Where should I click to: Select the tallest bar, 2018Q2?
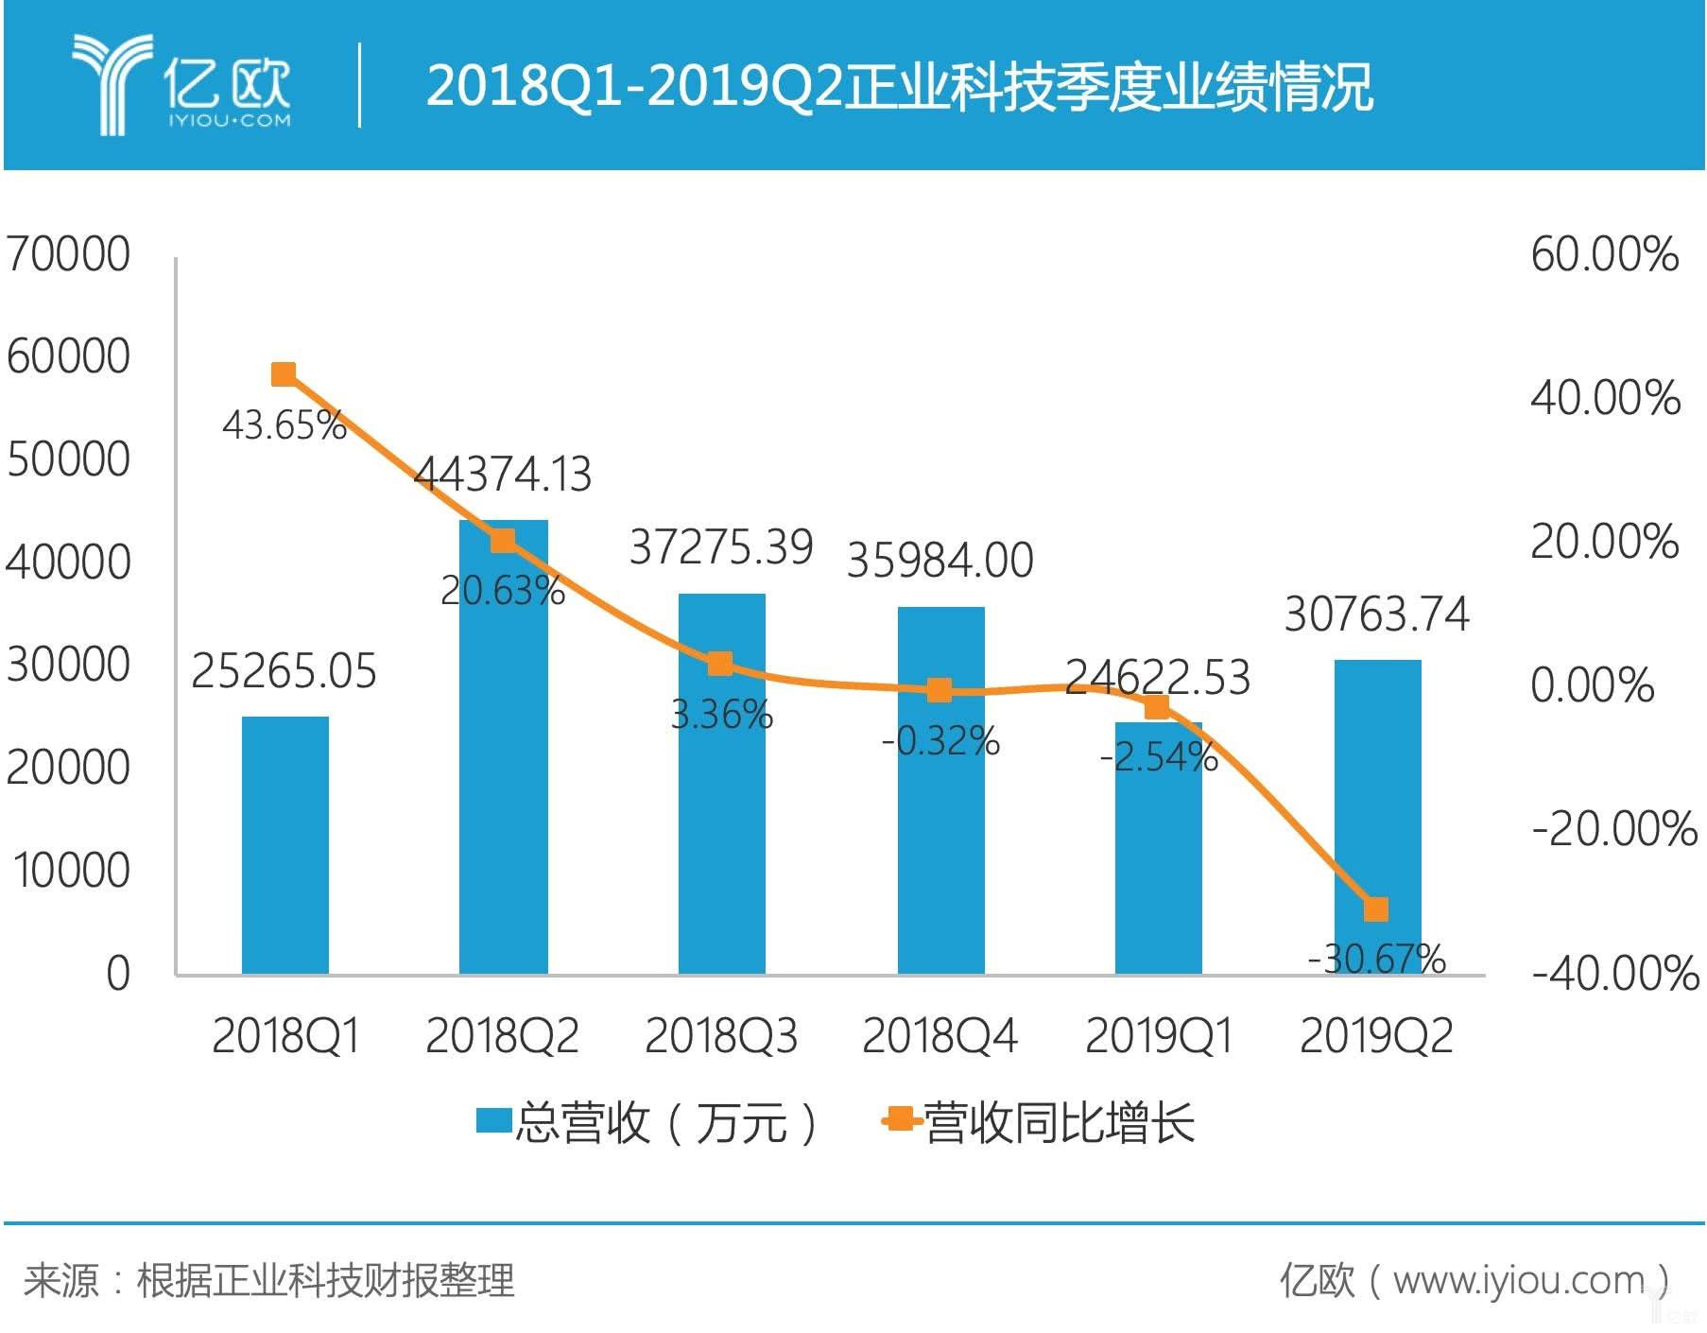point(503,756)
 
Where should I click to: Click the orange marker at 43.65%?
point(284,374)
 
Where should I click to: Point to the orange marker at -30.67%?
point(1376,909)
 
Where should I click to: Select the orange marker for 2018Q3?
point(720,664)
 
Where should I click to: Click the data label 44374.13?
point(503,475)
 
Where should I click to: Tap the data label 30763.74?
point(1376,615)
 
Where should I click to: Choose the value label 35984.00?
point(940,561)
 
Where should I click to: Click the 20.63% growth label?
point(503,591)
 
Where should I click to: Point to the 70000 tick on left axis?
point(68,254)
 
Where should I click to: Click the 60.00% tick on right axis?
point(1604,254)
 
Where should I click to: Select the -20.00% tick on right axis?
point(1613,829)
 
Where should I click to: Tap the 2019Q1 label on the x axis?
point(1159,1035)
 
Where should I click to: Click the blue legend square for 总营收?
point(493,1121)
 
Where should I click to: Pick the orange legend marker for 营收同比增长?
point(901,1121)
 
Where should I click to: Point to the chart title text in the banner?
point(898,86)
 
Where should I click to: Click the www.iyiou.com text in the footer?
point(1518,1280)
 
